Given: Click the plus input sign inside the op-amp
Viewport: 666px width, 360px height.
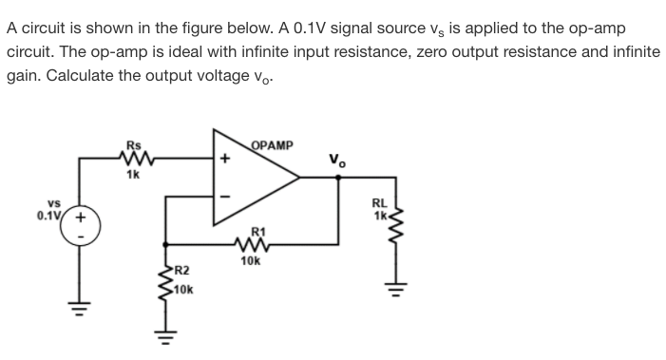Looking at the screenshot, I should [x=224, y=160].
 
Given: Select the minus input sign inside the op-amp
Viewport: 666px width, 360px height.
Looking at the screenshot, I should [x=224, y=197].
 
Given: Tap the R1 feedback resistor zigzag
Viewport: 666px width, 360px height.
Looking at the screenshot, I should [x=251, y=243].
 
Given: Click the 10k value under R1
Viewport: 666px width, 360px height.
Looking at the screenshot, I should [x=251, y=259].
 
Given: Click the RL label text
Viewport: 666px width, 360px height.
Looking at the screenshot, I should [x=379, y=202].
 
